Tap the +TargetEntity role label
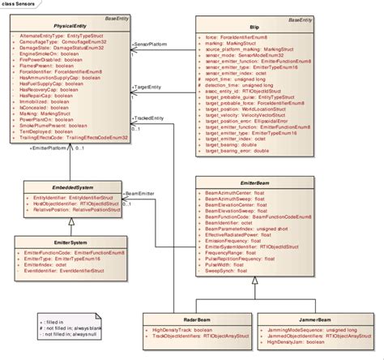pyautogui.click(x=151, y=85)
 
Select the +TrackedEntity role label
pyautogui.click(x=154, y=118)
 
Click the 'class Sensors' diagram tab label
pyautogui.click(x=17, y=5)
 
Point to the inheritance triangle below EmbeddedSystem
pyautogui.click(x=70, y=221)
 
